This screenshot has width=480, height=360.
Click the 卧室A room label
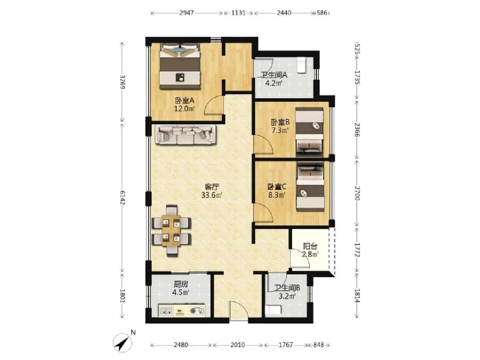(185, 100)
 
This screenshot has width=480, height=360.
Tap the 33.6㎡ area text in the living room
(212, 195)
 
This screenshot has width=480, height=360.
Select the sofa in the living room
(186, 134)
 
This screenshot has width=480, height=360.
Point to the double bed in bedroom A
(180, 66)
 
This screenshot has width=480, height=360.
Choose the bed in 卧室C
(310, 187)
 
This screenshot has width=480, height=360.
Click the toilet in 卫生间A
(302, 65)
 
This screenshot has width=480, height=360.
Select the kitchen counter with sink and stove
(181, 311)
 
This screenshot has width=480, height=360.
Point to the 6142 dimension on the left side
(122, 198)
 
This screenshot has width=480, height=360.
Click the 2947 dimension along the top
(186, 13)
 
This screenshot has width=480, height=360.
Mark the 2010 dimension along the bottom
(238, 345)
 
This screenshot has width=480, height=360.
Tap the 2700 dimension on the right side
(357, 193)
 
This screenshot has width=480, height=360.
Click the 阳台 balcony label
(310, 246)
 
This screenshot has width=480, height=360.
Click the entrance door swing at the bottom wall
(239, 311)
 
